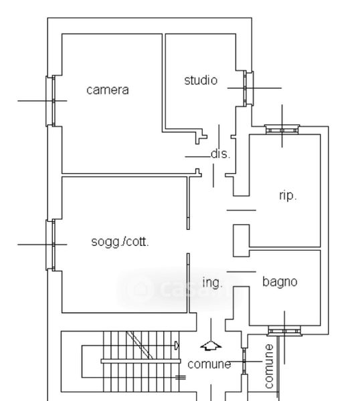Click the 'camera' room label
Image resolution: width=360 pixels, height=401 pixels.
point(108,90)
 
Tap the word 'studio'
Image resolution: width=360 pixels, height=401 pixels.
point(201,80)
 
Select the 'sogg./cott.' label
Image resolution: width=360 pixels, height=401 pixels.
point(120,242)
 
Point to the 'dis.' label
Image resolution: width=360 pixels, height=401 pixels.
point(221,154)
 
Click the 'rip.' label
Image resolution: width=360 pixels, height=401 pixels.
point(288,196)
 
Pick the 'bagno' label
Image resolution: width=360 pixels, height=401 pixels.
point(280,282)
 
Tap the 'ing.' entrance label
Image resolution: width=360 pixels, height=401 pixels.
point(212,283)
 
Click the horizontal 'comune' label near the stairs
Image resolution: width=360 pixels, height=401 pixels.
point(209,364)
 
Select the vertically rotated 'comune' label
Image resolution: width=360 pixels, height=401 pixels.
point(269,366)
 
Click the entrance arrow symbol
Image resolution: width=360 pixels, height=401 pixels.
point(211,346)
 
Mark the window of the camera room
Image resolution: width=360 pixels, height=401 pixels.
point(50,101)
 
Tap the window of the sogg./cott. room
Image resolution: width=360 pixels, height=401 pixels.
point(50,245)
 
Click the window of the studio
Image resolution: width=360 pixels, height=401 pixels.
point(248,88)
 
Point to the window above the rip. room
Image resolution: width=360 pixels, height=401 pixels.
point(282,130)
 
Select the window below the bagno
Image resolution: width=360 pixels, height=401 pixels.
point(284,331)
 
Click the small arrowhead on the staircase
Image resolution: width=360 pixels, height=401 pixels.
point(177,346)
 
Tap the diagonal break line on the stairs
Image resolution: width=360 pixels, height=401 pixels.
point(140,345)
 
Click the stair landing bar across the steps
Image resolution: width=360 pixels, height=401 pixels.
point(141,362)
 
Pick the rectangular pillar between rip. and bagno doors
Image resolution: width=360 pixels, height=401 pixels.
point(241,241)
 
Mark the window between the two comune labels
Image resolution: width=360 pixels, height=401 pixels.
point(244,361)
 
